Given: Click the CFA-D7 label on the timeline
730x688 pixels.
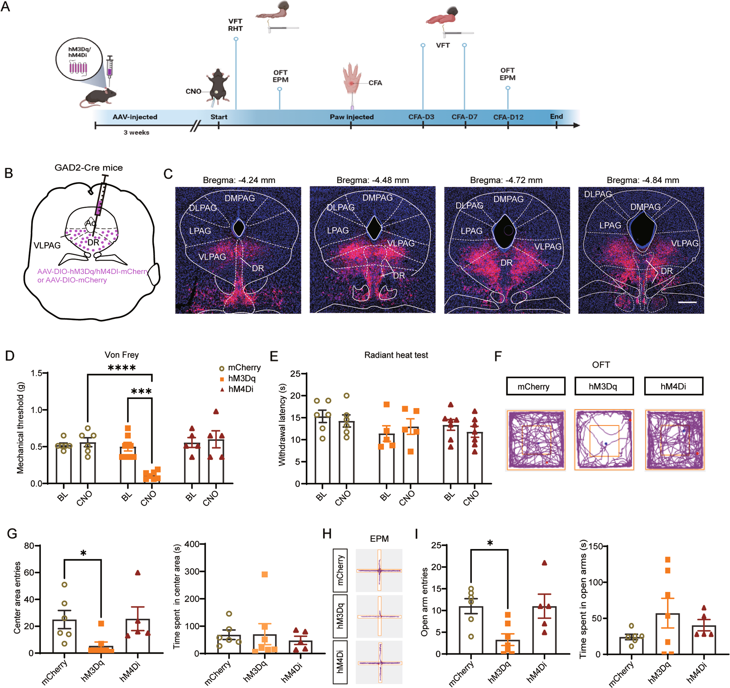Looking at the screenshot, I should click(x=464, y=117).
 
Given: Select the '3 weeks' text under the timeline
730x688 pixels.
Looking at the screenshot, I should click(x=136, y=133).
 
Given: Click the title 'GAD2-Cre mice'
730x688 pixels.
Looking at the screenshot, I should click(x=88, y=168).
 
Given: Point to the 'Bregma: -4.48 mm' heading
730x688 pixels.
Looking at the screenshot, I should click(x=372, y=180).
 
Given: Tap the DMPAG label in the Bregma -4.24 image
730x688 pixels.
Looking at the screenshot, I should click(x=239, y=198).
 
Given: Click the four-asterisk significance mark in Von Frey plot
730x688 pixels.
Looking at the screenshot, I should click(x=122, y=368).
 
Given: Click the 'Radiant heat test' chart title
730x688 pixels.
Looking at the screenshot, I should click(x=396, y=355).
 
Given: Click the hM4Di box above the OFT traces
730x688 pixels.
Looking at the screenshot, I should click(x=673, y=386).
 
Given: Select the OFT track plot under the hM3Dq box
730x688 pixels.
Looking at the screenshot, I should click(x=604, y=440).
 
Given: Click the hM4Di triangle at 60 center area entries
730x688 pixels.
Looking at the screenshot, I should click(x=138, y=573).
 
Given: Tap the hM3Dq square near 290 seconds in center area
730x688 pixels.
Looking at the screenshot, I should click(x=265, y=574).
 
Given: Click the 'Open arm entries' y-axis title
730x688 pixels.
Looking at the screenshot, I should click(x=424, y=602).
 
